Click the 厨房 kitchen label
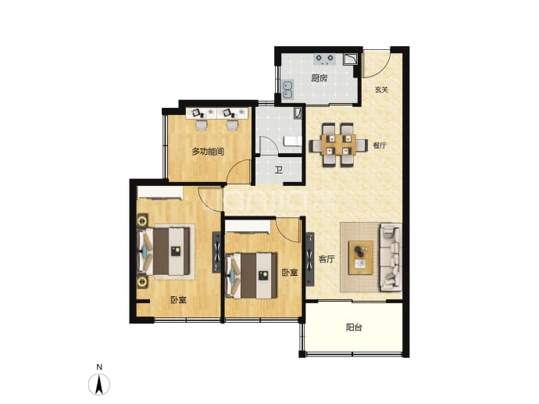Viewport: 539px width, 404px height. tap(319, 78)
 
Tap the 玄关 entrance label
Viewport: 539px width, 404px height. tap(381, 90)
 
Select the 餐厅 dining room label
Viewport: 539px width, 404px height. tap(380, 145)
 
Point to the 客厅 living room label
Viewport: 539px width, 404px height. tap(327, 259)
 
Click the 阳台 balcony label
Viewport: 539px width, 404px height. tap(354, 327)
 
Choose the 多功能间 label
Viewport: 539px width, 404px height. tap(208, 152)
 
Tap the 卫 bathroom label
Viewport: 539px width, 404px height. tap(279, 170)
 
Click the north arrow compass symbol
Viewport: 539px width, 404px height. tap(99, 384)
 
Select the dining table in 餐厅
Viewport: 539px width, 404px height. tap(338, 145)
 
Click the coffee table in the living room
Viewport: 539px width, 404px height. tap(361, 258)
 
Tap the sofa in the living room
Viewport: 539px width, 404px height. tap(391, 257)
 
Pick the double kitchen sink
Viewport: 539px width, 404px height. tap(287, 90)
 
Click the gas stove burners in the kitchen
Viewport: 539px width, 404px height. tap(325, 59)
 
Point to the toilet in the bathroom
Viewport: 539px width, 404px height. tap(292, 141)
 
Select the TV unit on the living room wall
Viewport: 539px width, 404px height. tap(309, 259)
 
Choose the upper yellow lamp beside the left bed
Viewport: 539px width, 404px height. tap(141, 220)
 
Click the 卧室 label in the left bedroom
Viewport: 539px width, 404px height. tap(178, 300)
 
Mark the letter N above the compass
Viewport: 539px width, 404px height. tap(99, 367)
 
